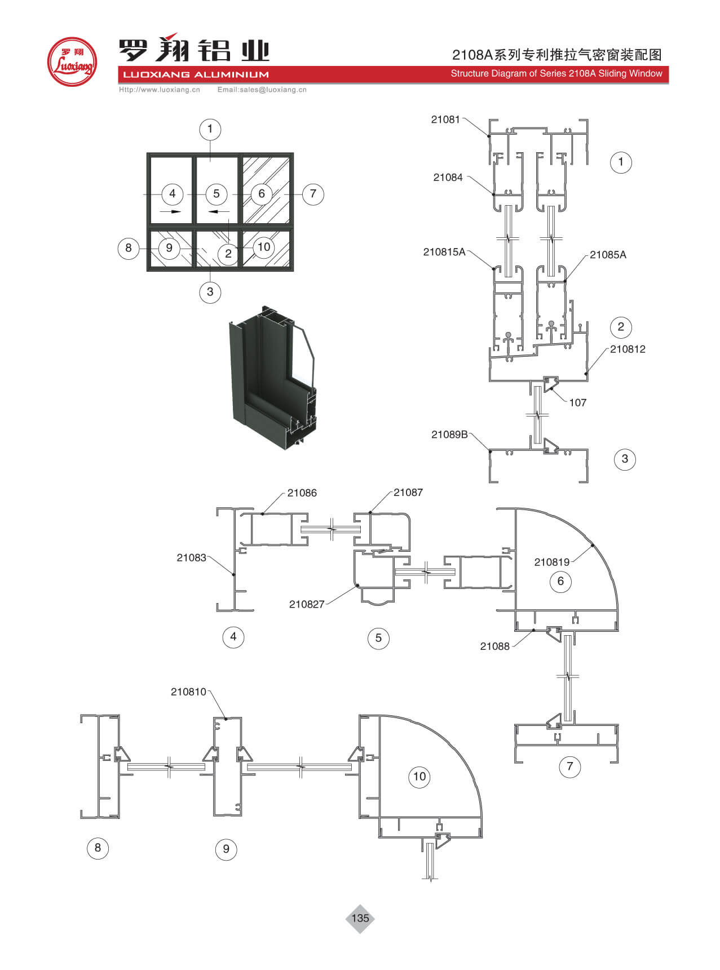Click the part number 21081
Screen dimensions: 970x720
[445, 119]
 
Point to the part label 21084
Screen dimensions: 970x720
[448, 178]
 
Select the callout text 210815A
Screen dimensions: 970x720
[444, 252]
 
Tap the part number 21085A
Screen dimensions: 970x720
[608, 255]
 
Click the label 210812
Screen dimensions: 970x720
[628, 349]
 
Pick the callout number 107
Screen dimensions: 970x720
[577, 402]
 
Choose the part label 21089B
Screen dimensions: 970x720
[449, 435]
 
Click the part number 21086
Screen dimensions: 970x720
[302, 493]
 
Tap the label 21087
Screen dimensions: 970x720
[408, 493]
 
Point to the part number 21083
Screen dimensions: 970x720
[191, 558]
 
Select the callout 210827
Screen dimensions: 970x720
[307, 604]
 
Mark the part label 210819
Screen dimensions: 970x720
[551, 562]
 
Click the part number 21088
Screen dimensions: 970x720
[494, 646]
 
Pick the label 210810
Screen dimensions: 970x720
[188, 692]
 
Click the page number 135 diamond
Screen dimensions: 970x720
[360, 918]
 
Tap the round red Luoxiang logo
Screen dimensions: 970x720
[72, 61]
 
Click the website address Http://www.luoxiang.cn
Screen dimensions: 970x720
[160, 90]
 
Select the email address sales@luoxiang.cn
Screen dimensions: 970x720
[262, 90]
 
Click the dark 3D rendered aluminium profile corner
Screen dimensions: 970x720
[272, 378]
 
